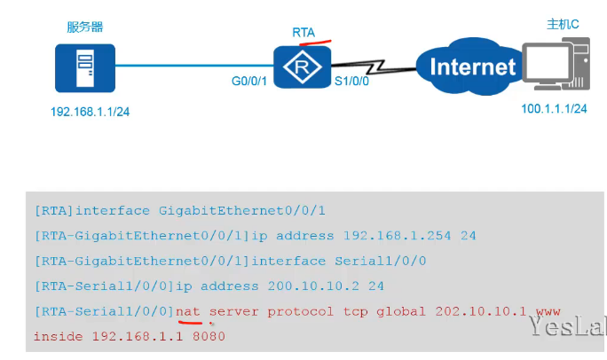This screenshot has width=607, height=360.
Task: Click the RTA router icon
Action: pos(302,65)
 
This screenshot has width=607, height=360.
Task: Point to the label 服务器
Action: pos(82,26)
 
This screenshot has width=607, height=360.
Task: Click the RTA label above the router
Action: pos(303,32)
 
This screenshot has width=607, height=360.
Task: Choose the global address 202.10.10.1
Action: pos(482,311)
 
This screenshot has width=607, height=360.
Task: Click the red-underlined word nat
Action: pos(188,311)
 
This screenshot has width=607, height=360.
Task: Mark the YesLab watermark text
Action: pos(568,329)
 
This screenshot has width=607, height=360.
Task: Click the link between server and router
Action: pos(195,65)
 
